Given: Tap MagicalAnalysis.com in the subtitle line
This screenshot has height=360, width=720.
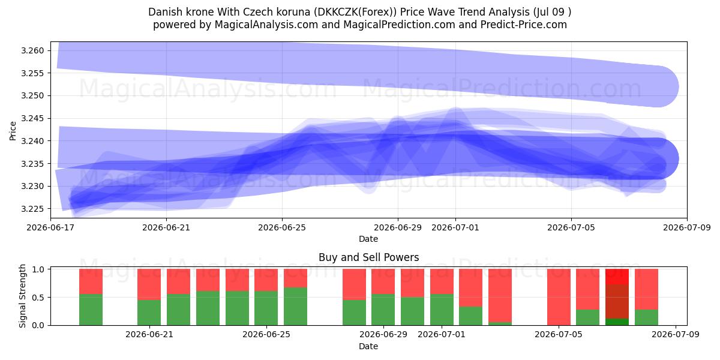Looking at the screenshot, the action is [266, 25].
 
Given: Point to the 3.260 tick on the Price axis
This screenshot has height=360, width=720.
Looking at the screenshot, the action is [32, 50].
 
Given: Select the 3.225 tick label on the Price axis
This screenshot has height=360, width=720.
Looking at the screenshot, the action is [32, 209].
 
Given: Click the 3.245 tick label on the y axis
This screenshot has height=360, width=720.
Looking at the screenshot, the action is [32, 119].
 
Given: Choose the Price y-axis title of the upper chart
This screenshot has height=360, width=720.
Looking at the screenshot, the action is [13, 131].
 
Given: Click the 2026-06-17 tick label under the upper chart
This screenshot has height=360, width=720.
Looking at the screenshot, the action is [50, 227].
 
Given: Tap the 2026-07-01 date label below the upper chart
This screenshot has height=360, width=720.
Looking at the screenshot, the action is [455, 227].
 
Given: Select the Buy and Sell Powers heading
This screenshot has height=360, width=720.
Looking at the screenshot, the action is [368, 257].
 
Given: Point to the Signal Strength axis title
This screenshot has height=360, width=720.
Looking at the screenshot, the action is [22, 296].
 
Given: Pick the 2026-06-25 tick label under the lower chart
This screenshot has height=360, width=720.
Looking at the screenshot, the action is [266, 334].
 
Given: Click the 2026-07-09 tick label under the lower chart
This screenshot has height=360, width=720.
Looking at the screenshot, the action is [676, 334].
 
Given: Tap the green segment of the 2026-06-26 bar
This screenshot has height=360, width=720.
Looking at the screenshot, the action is [295, 307].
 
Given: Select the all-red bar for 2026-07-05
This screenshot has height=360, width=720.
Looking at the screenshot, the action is [559, 297].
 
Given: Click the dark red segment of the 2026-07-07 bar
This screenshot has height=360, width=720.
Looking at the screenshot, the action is [617, 301].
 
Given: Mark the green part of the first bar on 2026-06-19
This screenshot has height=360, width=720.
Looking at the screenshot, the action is [91, 310].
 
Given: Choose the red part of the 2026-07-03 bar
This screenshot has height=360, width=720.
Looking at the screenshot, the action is [500, 295].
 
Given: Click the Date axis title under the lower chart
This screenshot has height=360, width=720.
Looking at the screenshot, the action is [368, 347].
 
